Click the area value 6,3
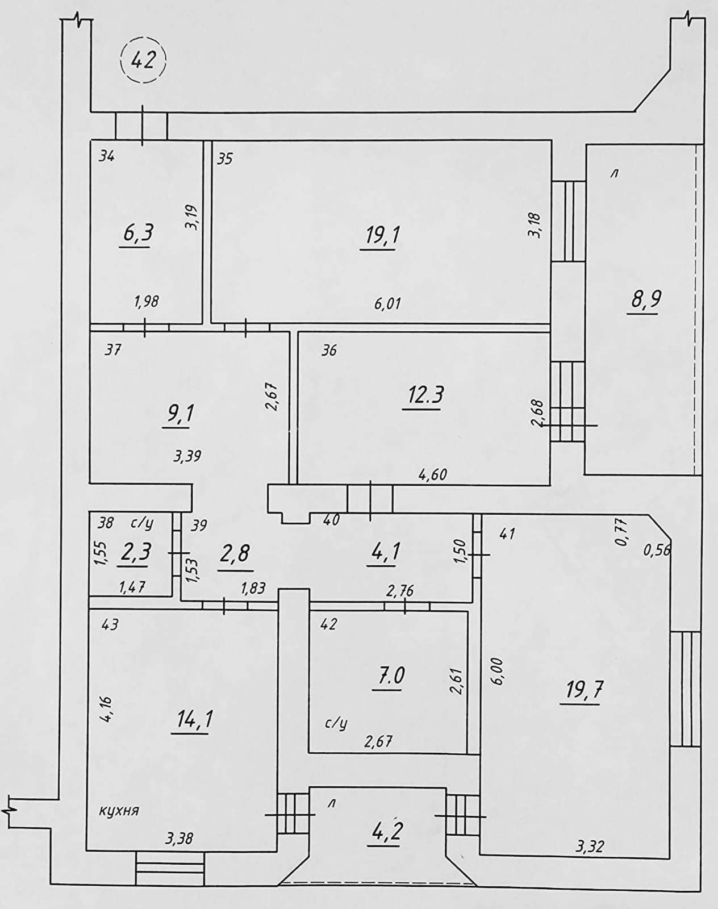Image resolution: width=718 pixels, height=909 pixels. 137,233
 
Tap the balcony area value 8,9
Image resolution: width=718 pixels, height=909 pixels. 645,299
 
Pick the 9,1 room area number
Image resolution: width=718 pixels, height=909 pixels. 179,413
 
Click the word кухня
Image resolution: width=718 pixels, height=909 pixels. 119,811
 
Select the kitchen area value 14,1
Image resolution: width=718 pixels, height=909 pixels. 194,720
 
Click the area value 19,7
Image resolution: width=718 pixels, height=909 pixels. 584,691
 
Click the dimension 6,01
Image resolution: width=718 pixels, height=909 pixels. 387,304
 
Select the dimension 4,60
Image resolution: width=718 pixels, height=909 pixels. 432,474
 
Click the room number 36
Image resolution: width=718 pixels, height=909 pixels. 329,351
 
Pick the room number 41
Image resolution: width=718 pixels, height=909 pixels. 507,533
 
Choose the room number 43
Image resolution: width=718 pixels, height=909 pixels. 110,624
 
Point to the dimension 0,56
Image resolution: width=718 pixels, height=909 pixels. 658,549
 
